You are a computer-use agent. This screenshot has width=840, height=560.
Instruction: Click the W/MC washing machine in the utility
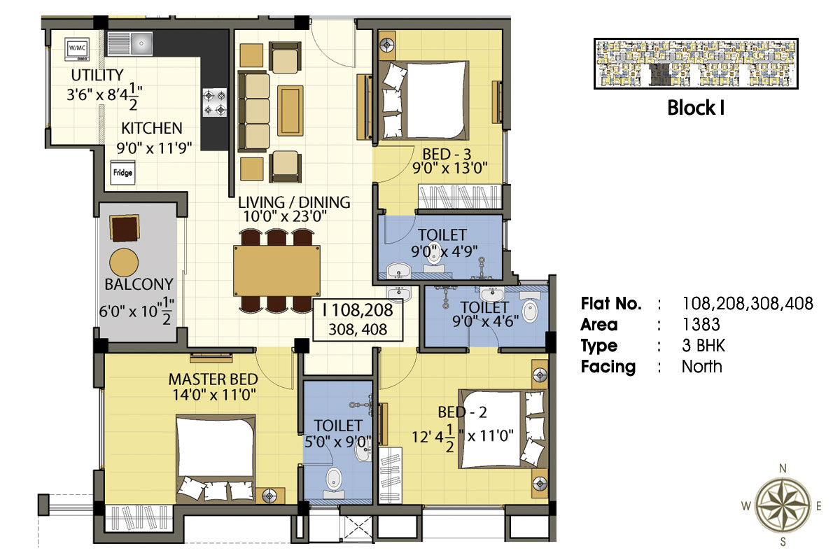click(77, 49)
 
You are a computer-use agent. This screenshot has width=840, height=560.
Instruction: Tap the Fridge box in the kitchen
click(122, 173)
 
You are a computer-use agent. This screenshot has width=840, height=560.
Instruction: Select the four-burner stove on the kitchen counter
click(215, 102)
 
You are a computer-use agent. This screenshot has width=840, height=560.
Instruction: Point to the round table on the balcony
click(124, 262)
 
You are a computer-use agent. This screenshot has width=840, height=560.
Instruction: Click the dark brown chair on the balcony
click(125, 227)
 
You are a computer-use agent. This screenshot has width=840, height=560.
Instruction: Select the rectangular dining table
click(276, 271)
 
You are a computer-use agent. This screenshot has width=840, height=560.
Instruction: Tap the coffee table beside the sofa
click(290, 111)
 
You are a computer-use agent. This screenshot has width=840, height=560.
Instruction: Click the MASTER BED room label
click(213, 379)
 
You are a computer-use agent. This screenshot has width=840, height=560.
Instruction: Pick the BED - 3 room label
click(447, 154)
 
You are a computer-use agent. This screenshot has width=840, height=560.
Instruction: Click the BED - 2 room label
click(463, 412)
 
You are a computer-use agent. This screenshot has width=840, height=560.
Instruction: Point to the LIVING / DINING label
click(295, 202)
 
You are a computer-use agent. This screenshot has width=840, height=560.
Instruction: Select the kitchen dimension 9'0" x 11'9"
click(154, 148)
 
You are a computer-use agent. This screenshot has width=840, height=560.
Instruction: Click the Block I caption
click(696, 108)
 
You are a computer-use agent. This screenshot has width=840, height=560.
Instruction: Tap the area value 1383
click(701, 325)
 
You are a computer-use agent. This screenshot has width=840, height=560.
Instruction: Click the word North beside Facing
click(702, 367)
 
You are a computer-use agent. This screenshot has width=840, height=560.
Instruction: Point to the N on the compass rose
click(783, 468)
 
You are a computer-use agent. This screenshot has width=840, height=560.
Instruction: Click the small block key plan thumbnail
click(696, 64)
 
